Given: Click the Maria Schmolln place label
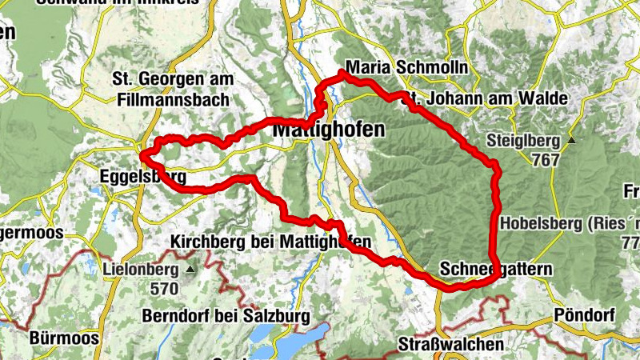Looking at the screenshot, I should pyautogui.click(x=406, y=67).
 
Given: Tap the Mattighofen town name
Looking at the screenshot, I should pyautogui.click(x=328, y=128).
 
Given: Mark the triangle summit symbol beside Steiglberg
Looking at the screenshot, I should pyautogui.click(x=572, y=141).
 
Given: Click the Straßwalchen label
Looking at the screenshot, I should pyautogui.click(x=452, y=344).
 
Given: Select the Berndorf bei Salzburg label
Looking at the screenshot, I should pyautogui.click(x=226, y=316).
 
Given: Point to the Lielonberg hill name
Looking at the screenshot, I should pyautogui.click(x=142, y=269).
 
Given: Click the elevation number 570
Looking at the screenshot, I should pyautogui.click(x=166, y=288).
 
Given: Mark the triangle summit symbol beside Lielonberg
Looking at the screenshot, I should pyautogui.click(x=190, y=269).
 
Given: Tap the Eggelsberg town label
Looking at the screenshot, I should pyautogui.click(x=143, y=176).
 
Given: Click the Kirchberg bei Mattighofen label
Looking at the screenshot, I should pyautogui.click(x=271, y=242).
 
